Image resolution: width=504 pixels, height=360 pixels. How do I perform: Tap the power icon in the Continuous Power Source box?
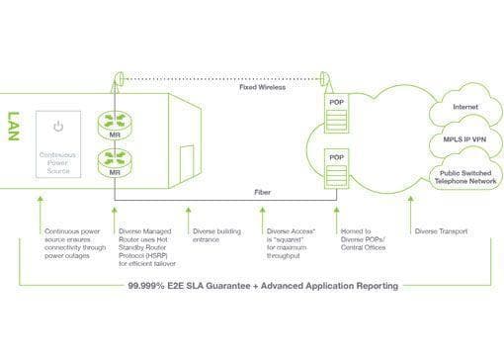tap(58, 127)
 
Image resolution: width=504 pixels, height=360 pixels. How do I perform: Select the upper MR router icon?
tap(115, 125)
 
